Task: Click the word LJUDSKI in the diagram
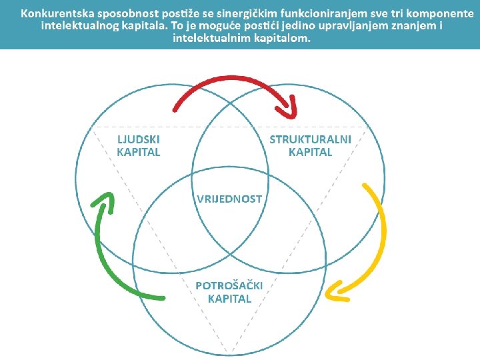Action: pyautogui.click(x=139, y=139)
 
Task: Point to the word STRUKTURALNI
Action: pyautogui.click(x=310, y=139)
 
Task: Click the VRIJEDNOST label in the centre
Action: pyautogui.click(x=229, y=199)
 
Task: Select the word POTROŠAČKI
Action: pyautogui.click(x=229, y=285)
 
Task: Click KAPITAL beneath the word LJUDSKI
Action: pyautogui.click(x=139, y=152)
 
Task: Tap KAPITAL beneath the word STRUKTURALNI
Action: pyautogui.click(x=310, y=152)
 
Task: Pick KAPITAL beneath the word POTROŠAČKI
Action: pyautogui.click(x=229, y=299)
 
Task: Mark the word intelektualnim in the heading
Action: pyautogui.click(x=209, y=37)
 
